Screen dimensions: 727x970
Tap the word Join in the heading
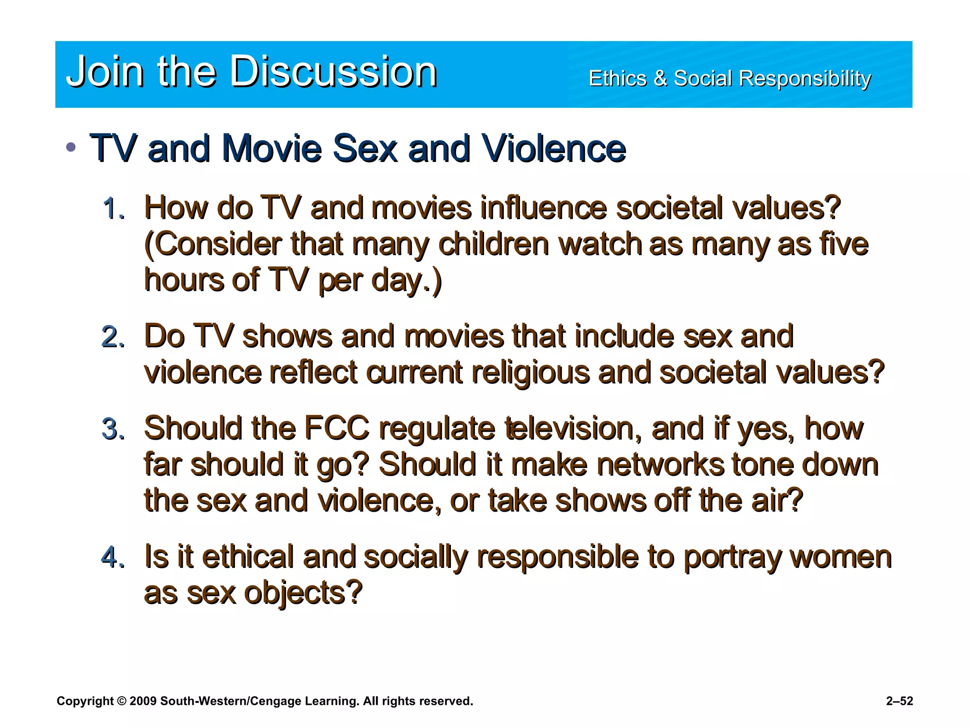tap(105, 71)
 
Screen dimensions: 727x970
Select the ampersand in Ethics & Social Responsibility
tap(660, 78)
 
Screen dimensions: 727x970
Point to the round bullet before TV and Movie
tap(71, 147)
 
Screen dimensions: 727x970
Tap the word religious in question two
tap(531, 372)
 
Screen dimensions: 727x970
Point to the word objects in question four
tap(303, 593)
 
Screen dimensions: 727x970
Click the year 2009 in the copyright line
tap(143, 701)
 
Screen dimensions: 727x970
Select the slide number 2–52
tap(899, 701)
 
